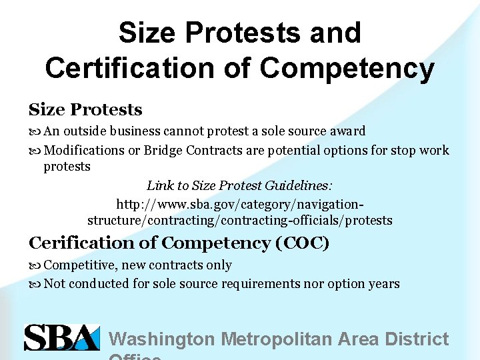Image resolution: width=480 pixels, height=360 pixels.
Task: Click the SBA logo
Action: (x=61, y=337)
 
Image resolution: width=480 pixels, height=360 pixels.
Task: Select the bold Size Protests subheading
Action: (x=85, y=109)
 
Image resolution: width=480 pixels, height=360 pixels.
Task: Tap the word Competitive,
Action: (x=81, y=265)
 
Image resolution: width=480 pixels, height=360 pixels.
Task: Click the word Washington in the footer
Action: (x=162, y=339)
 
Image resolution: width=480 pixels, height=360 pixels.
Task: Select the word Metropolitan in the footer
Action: (x=275, y=339)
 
